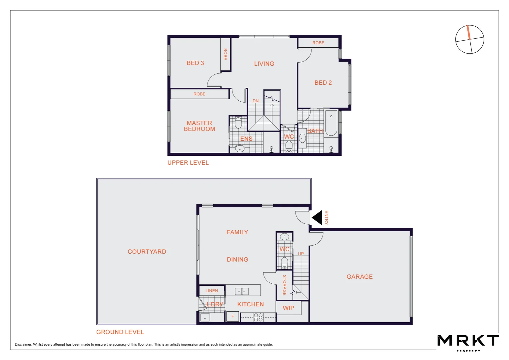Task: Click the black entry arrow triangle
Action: [318, 218]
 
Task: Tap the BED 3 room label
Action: [195, 63]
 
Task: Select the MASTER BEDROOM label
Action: [199, 126]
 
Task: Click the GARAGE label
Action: [359, 277]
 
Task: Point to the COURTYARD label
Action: [147, 252]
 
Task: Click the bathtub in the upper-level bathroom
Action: [331, 123]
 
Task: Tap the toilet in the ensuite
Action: [238, 123]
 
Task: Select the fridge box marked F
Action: [233, 316]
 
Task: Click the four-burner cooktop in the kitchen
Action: [258, 317]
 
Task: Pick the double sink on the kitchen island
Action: [242, 291]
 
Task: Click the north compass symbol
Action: [469, 39]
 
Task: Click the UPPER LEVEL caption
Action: [188, 163]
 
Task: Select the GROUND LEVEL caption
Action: [120, 332]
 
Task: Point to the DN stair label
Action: [255, 101]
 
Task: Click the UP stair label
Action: [301, 254]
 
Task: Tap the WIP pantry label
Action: [288, 308]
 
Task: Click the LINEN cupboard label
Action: [212, 291]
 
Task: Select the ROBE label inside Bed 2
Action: [318, 43]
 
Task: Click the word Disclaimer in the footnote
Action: [23, 345]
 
